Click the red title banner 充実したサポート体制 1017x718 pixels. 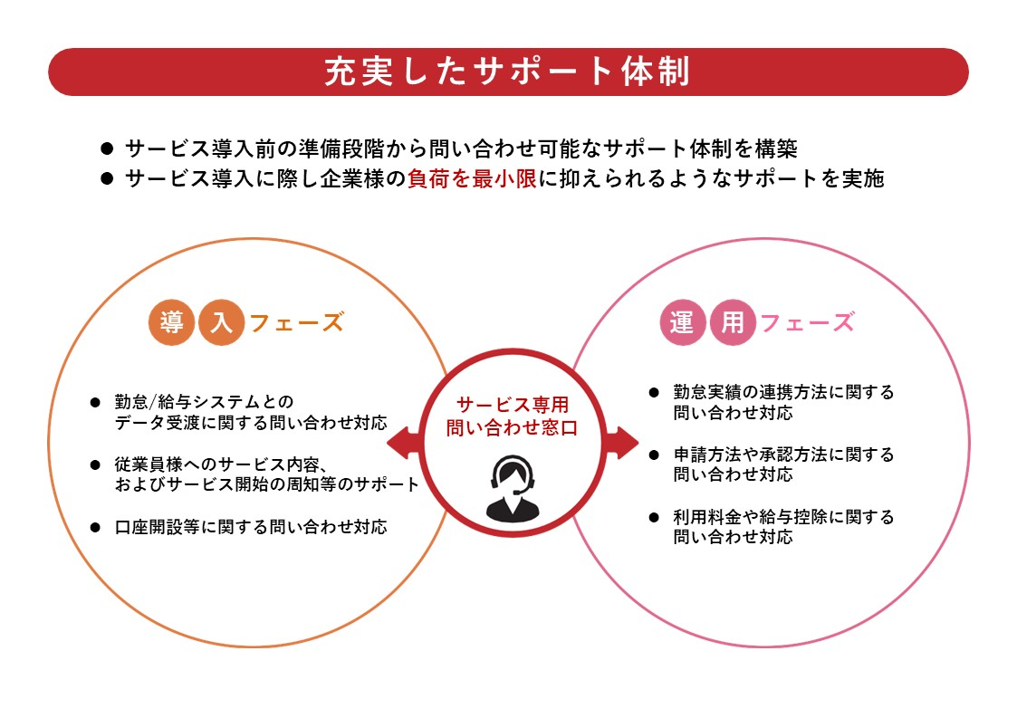tap(508, 72)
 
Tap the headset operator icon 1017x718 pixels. tap(513, 489)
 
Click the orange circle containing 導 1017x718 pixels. tap(171, 323)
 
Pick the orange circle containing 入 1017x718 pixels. tap(220, 323)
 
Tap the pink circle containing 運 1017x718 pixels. tap(682, 323)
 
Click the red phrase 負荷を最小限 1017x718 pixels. tap(472, 178)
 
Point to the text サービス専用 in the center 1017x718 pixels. tap(513, 405)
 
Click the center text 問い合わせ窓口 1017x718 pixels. tap(513, 428)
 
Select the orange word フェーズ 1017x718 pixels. tap(296, 323)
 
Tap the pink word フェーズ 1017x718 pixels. tap(808, 323)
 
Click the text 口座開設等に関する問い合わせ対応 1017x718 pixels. tap(251, 526)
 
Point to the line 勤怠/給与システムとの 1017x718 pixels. tap(205, 401)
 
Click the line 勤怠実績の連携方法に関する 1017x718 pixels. tap(783, 392)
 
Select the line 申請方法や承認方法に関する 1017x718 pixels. tap(783, 455)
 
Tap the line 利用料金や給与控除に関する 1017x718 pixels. tap(783, 517)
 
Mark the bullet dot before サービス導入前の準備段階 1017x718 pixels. tap(106, 148)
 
